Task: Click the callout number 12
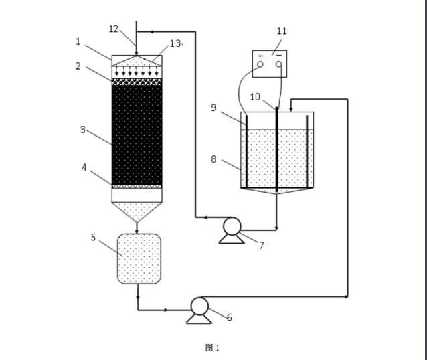pos(113,29)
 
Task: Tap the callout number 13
pos(175,43)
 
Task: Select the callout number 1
pos(78,41)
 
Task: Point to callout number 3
pos(83,130)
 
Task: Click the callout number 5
pos(94,237)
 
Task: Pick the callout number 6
pos(230,317)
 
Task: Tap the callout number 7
pos(261,245)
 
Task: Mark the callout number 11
pos(282,31)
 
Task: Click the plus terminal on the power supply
pos(260,64)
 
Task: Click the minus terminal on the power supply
pos(278,64)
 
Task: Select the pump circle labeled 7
pos(232,227)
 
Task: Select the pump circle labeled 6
pos(199,306)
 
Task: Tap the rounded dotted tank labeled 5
pos(139,258)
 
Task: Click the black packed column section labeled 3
pos(137,134)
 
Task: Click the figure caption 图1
pos(212,347)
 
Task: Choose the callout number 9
pos(214,108)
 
